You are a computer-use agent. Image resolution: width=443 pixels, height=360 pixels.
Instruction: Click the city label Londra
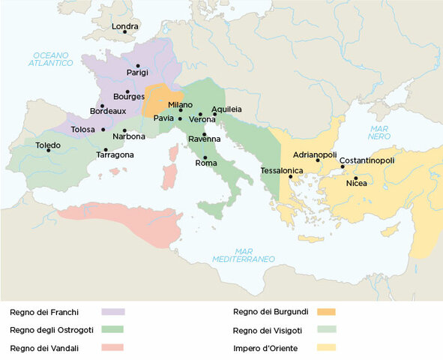click(125, 26)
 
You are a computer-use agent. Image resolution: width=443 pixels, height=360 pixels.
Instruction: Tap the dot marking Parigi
click(137, 66)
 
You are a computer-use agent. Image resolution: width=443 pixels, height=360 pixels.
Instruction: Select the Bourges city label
click(128, 96)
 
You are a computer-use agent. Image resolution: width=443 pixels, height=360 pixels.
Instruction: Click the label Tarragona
click(115, 154)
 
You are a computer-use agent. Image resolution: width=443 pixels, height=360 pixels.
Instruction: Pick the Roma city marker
click(205, 156)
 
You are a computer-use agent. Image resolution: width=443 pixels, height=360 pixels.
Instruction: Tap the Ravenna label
click(205, 139)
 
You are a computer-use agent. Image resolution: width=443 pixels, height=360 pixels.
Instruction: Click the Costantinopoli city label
click(367, 160)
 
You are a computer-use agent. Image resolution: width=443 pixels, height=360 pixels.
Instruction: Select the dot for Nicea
click(356, 178)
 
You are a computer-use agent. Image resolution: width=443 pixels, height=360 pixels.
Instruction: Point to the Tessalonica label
click(281, 170)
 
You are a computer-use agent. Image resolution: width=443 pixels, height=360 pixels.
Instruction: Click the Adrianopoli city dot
click(318, 160)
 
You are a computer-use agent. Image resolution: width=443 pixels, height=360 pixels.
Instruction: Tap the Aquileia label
click(226, 109)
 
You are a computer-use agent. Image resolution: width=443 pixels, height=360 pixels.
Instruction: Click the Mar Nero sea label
click(378, 132)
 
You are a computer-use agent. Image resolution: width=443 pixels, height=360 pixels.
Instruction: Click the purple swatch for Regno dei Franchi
click(113, 310)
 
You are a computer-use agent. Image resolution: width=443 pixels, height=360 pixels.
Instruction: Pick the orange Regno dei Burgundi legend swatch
click(325, 310)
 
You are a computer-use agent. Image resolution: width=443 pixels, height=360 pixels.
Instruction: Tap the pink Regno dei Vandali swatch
click(113, 347)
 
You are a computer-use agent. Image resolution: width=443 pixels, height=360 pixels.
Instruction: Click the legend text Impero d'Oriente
click(265, 348)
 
